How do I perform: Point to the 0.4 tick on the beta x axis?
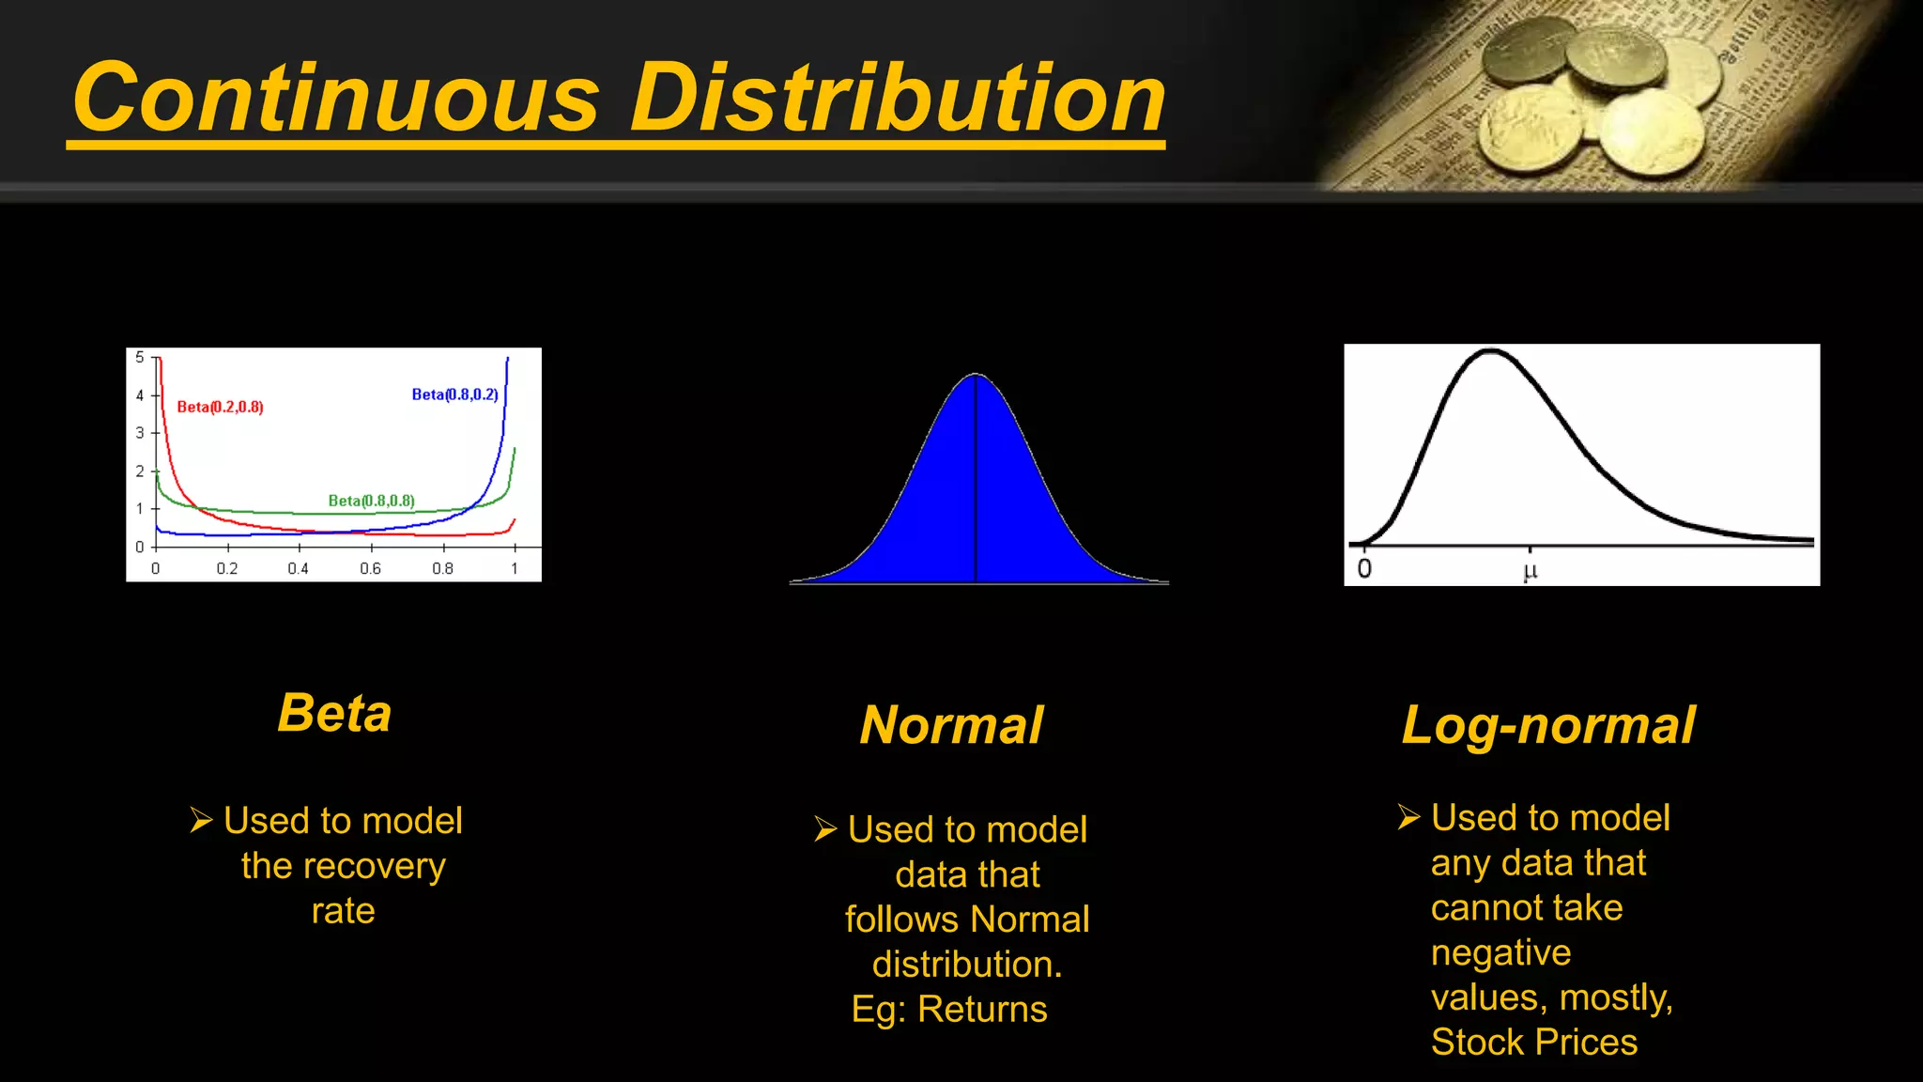coord(299,568)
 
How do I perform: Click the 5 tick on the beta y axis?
coord(140,358)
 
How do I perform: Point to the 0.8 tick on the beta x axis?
coord(442,568)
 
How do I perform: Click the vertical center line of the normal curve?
coord(976,479)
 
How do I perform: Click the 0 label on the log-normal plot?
coord(1364,568)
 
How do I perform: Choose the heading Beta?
coord(334,713)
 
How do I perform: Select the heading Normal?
coord(951,725)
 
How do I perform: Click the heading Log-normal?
coord(1548,725)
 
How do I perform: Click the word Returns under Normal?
coord(982,1010)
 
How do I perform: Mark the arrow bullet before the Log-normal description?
coord(1408,817)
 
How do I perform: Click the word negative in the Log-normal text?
coord(1500,953)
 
